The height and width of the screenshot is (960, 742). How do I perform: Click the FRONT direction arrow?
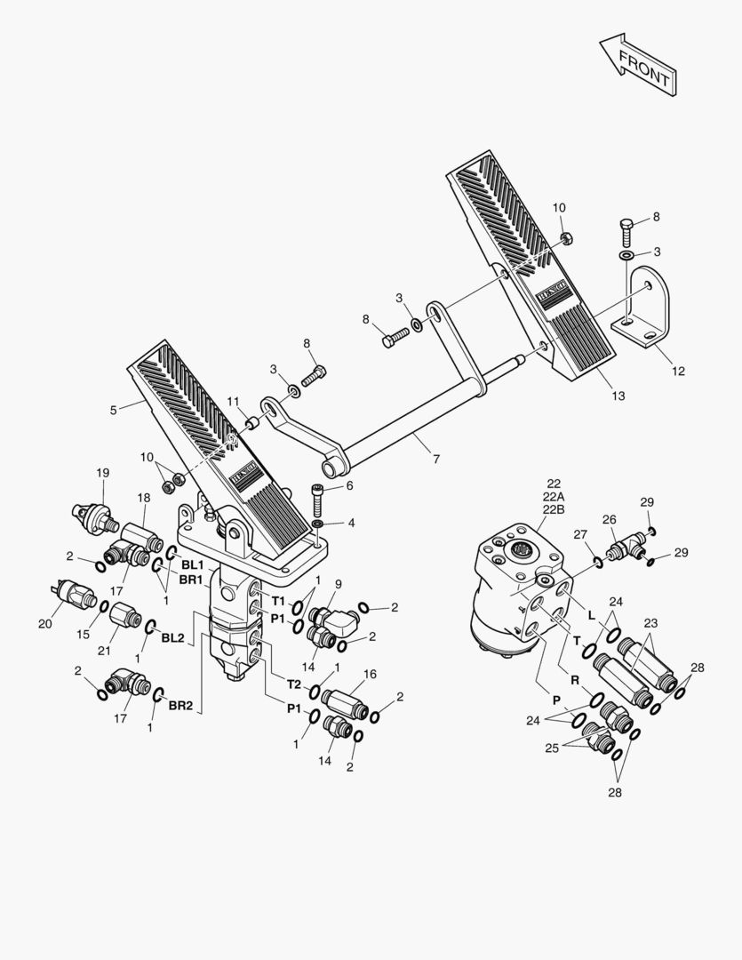[634, 65]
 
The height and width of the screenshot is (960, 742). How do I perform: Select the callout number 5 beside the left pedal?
[113, 410]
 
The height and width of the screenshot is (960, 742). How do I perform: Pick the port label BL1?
[192, 564]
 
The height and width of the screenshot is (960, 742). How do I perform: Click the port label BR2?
[180, 705]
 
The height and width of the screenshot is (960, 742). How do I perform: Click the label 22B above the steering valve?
[553, 509]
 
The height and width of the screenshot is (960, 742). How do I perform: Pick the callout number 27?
[580, 533]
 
